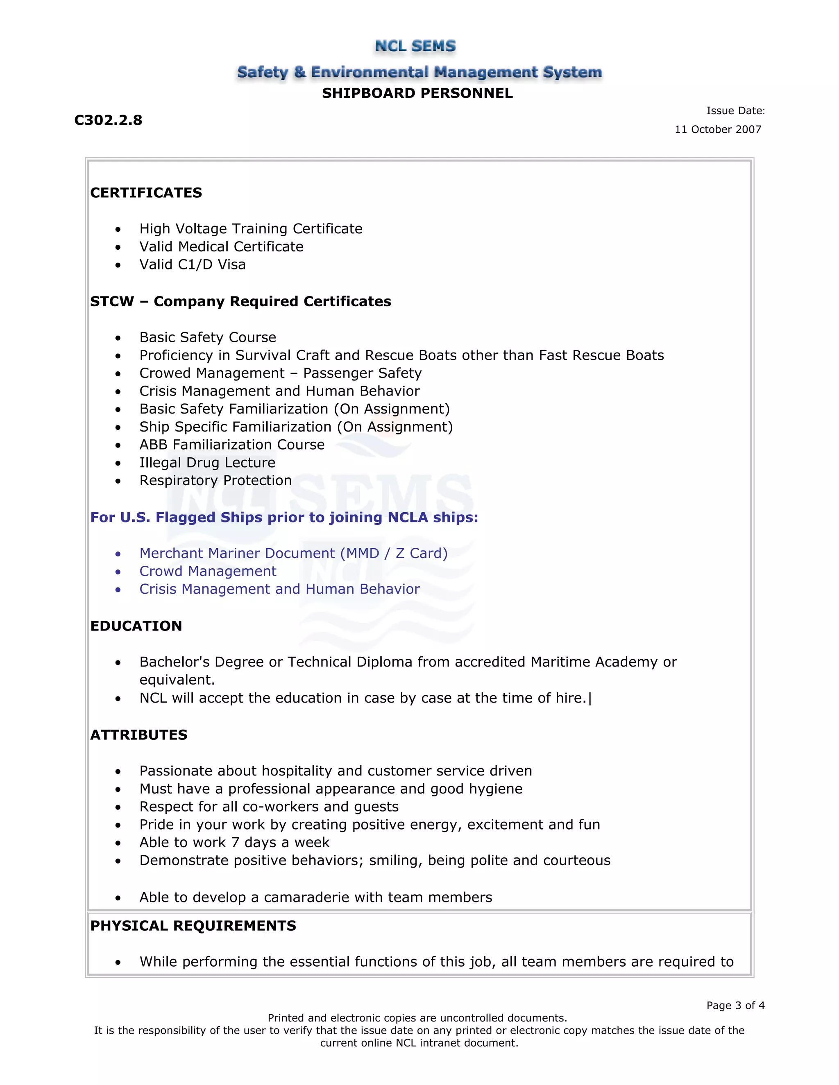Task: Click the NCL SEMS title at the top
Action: tap(415, 46)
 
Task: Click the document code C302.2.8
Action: tap(108, 120)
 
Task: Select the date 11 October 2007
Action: tap(717, 130)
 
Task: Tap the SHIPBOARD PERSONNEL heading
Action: tap(417, 93)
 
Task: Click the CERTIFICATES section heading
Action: tap(146, 193)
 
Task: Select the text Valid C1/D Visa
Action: tap(193, 264)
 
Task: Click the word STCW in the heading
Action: tap(112, 302)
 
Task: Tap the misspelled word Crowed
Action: tap(161, 373)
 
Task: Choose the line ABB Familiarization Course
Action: tap(231, 445)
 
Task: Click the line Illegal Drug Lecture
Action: tap(207, 463)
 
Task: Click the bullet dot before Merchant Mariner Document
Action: tap(118, 554)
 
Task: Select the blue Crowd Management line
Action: tap(207, 571)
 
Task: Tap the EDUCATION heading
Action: tap(136, 626)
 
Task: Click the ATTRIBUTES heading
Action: tap(139, 735)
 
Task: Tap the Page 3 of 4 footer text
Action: tap(735, 1006)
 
